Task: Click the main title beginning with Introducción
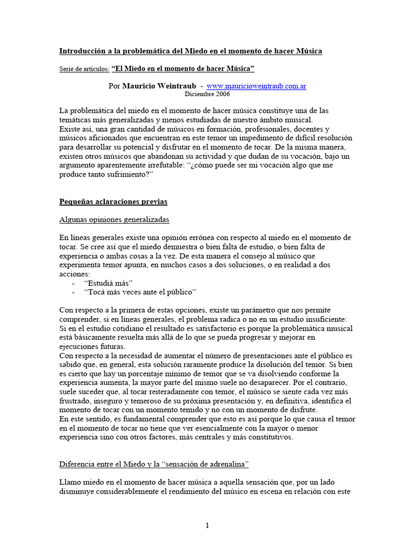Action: coord(190,51)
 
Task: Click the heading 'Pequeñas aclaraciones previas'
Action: coord(113,201)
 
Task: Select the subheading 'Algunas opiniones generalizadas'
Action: coord(114,220)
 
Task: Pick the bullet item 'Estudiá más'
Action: coord(108,284)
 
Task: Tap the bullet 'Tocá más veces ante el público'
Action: coord(140,292)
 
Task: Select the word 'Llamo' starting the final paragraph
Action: coord(70,481)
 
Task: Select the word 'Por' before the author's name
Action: coord(115,86)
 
